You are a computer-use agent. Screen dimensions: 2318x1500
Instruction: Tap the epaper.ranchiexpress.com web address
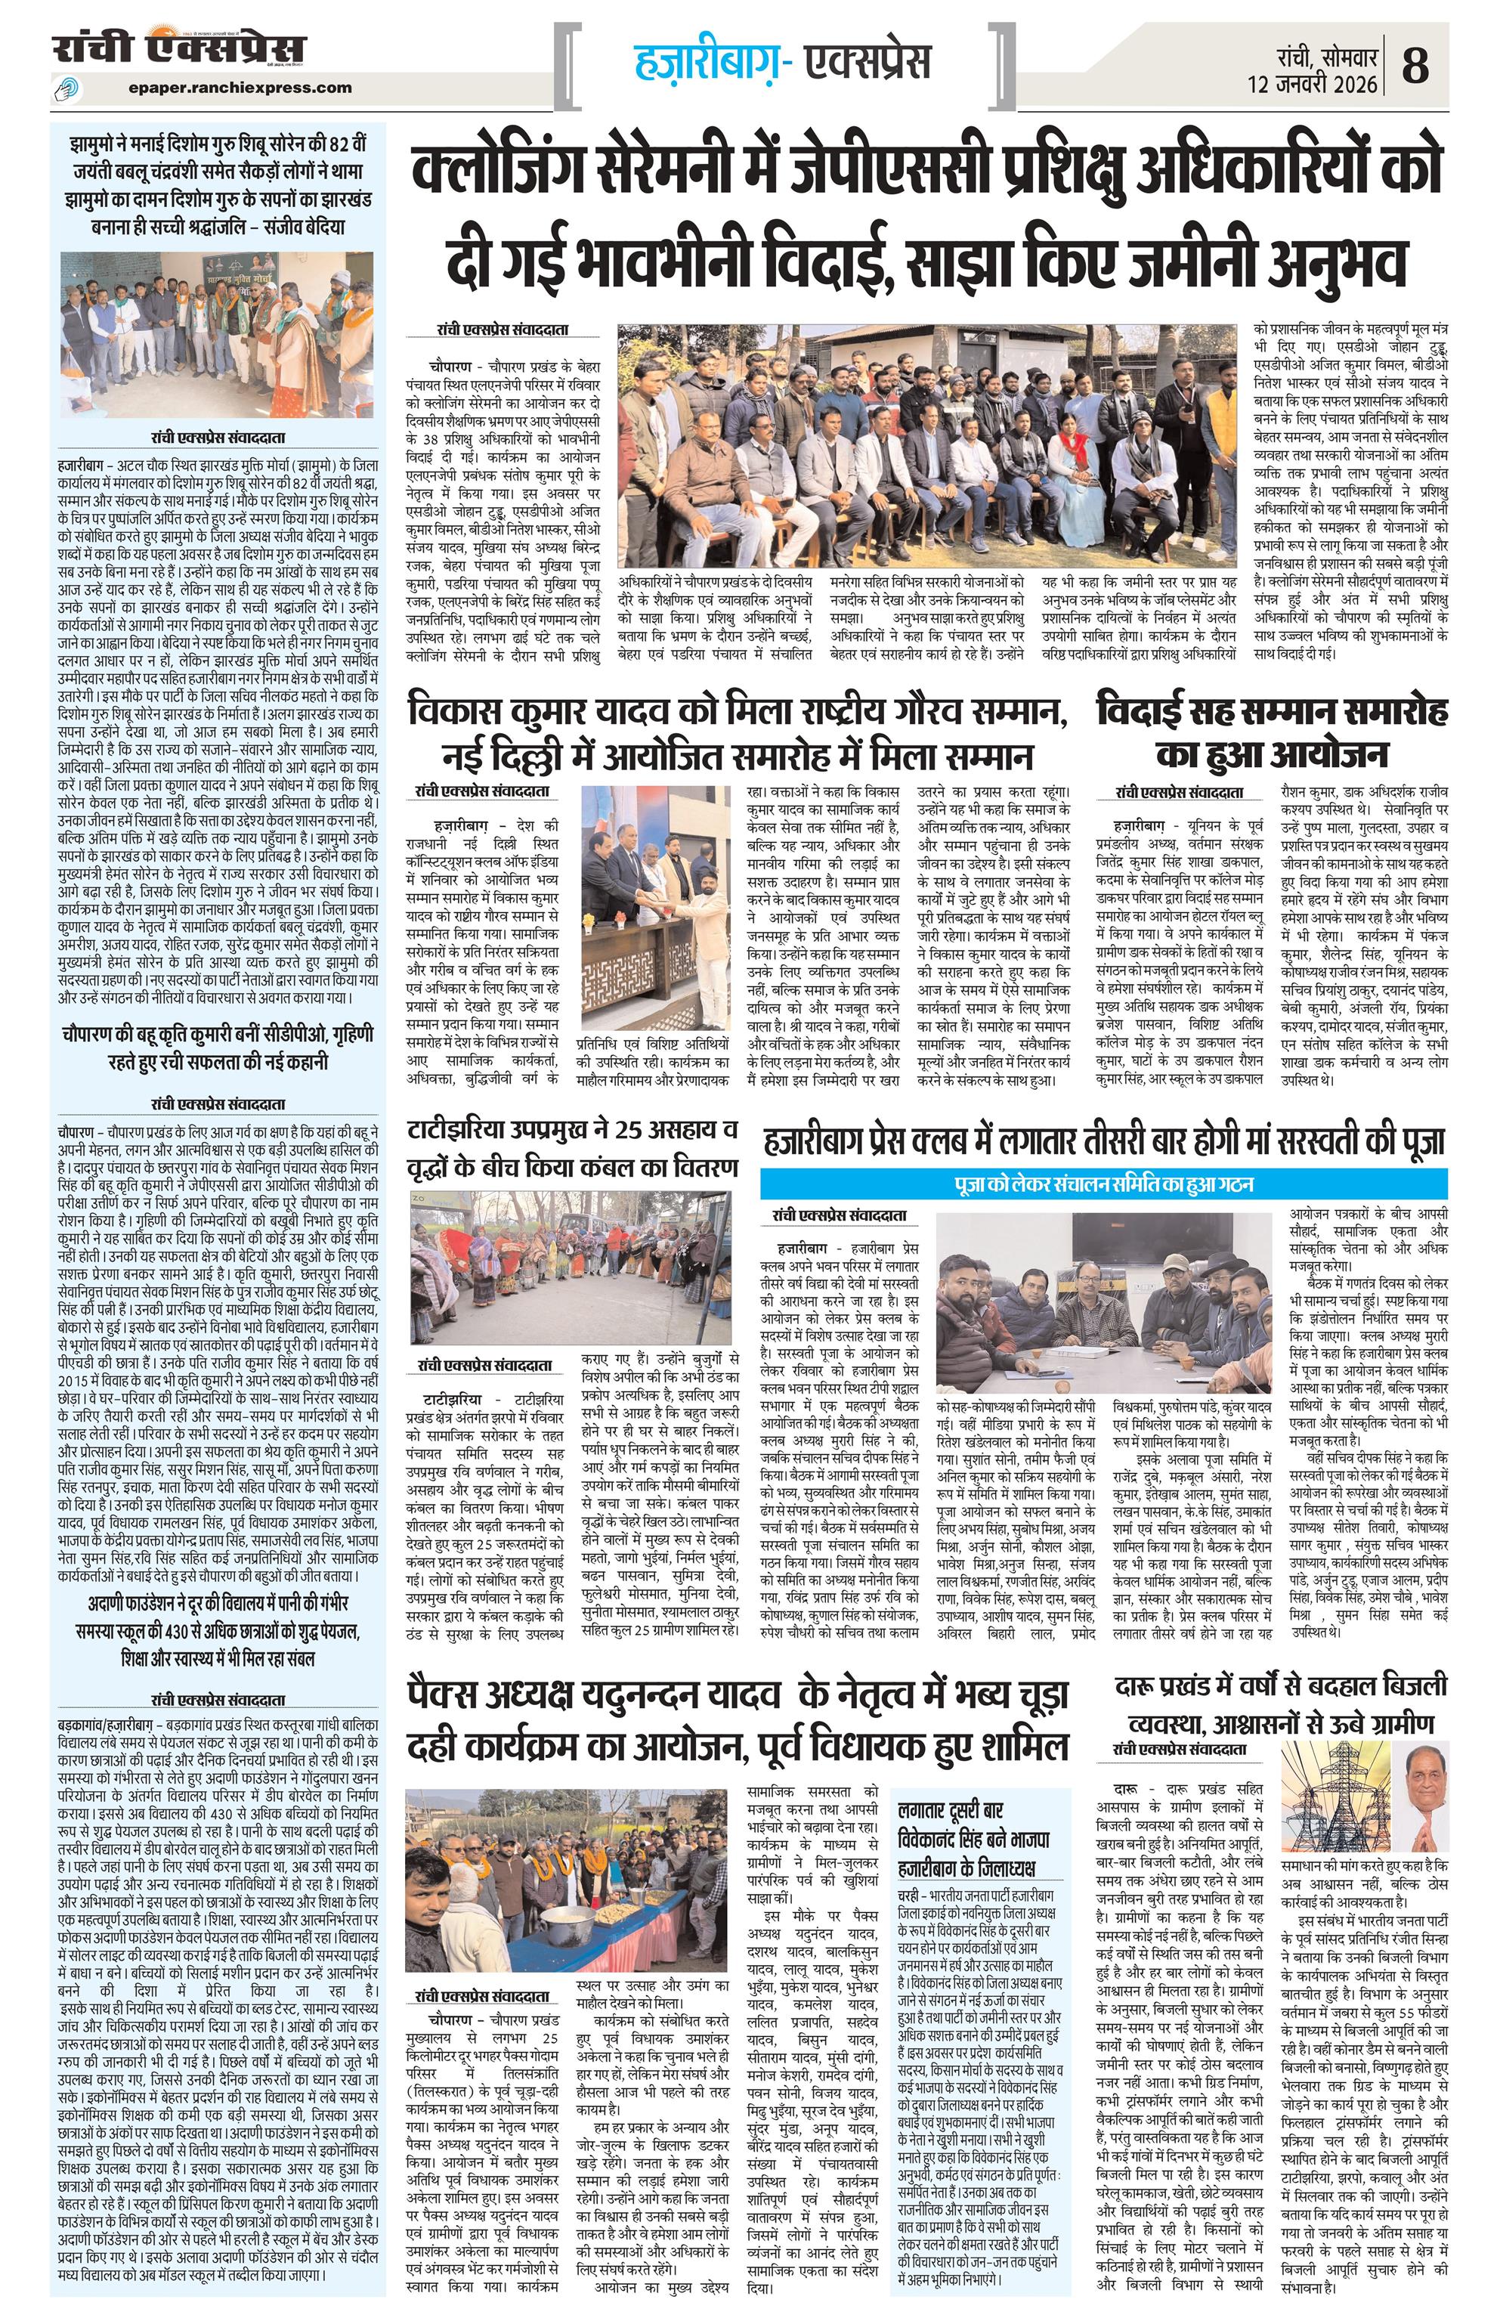240,87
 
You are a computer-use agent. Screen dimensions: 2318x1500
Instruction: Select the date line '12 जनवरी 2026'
1313,85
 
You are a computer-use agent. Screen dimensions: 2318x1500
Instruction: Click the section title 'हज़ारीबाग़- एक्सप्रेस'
782,61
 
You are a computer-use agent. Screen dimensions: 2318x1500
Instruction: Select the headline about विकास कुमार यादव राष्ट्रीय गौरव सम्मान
738,730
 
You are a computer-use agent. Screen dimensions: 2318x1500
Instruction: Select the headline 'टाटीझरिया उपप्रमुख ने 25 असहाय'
572,1147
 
